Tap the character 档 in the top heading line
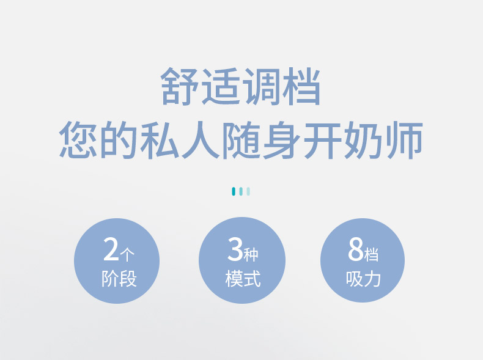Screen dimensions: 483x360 coord(301,86)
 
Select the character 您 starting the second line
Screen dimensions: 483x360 coord(78,139)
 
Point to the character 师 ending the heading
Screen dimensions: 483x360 coord(405,140)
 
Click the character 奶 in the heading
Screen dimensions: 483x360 coord(364,140)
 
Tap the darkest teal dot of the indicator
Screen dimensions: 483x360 coord(234,191)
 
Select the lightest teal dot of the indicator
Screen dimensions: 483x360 coord(248,191)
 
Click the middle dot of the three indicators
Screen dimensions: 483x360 coord(241,191)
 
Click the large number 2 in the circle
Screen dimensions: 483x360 coord(111,249)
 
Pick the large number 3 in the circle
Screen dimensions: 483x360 coord(235,249)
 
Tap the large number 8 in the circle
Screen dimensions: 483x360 coord(356,249)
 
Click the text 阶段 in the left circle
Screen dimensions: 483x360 coord(119,279)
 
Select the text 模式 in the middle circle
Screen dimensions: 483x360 coord(243,279)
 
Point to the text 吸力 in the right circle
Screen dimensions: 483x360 coord(364,279)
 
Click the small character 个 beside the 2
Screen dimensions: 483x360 coord(127,254)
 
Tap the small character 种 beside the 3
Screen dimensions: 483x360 coord(251,254)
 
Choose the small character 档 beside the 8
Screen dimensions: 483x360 coord(371,254)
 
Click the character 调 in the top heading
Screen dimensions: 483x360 coord(261,86)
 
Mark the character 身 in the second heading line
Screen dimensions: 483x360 coord(282,140)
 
